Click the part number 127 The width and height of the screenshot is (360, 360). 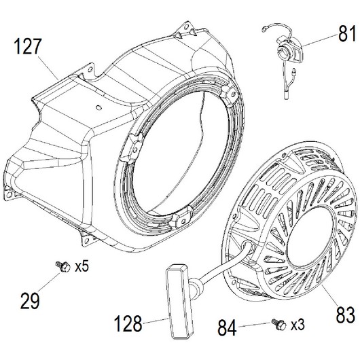pos(28,47)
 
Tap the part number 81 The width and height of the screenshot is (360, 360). pos(347,33)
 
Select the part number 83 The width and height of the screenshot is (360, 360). pos(346,314)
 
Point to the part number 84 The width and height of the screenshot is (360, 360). pos(227,327)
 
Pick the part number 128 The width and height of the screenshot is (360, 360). pos(128,323)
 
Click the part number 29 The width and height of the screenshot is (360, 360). pos(30,300)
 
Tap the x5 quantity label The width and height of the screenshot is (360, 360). pos(82,266)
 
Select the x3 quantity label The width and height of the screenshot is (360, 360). pos(298,325)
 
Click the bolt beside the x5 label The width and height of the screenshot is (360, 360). pos(63,266)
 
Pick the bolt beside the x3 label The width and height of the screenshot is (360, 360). pos(279,325)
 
